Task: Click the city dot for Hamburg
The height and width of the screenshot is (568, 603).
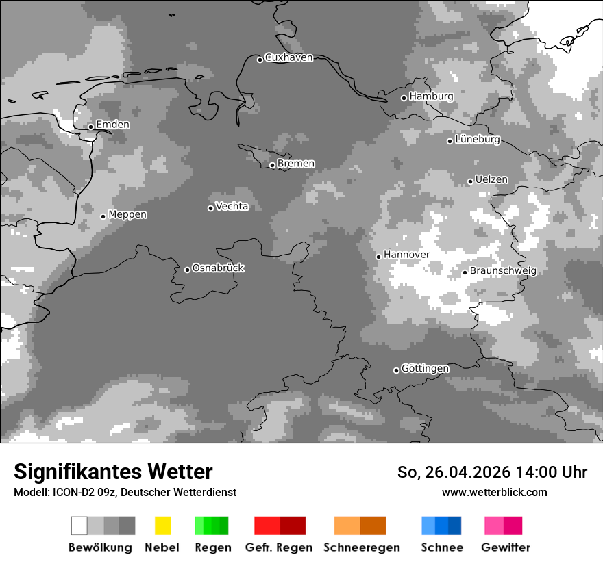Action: coord(404,98)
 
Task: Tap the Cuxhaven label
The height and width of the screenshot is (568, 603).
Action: coord(288,58)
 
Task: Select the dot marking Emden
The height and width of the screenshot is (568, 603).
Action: coord(90,127)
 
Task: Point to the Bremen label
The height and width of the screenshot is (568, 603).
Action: coord(296,164)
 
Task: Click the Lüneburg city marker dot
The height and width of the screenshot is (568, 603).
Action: coord(450,141)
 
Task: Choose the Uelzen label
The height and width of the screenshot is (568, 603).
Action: coord(491,180)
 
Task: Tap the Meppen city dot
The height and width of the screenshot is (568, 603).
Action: coord(103,216)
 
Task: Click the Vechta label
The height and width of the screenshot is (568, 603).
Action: coord(232,207)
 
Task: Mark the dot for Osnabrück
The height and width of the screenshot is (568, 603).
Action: coord(187,270)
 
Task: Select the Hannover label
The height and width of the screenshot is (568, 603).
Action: coord(406,255)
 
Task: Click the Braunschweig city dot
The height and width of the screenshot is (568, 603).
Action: coord(465,272)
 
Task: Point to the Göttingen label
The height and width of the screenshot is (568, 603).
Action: coord(425,369)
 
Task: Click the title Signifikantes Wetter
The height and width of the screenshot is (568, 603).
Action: coord(113,472)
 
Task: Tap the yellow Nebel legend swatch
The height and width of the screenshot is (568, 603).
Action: coord(162,526)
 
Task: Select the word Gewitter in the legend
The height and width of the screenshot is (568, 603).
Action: coord(506,547)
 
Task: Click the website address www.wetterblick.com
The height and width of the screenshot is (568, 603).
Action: coord(495,493)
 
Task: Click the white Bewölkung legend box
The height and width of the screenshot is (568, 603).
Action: coord(79,526)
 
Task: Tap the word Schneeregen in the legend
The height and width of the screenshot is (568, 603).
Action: coord(362,547)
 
